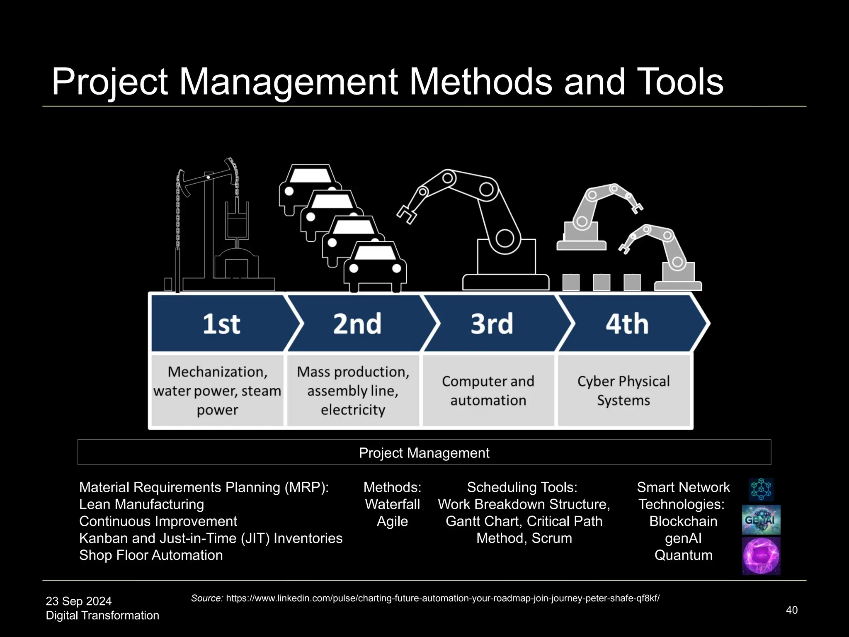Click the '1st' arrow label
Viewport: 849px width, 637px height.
point(221,324)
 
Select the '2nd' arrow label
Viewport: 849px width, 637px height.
point(357,324)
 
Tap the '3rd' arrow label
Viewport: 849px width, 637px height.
point(492,324)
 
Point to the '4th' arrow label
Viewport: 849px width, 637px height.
point(627,324)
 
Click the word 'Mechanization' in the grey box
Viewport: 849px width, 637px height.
point(217,372)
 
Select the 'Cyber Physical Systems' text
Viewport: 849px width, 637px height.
point(623,391)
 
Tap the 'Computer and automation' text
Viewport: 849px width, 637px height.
point(488,391)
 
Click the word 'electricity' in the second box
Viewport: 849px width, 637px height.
point(353,410)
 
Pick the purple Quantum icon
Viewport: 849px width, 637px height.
point(761,556)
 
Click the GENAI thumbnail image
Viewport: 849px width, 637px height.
point(761,520)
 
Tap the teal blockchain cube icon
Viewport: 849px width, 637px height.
point(761,489)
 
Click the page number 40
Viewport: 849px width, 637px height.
point(792,610)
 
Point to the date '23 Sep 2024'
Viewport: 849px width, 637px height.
point(79,601)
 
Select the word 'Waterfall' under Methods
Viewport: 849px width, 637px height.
point(392,504)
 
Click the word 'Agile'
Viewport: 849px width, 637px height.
point(392,521)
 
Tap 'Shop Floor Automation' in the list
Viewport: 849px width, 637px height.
point(151,555)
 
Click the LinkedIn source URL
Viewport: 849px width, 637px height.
point(443,598)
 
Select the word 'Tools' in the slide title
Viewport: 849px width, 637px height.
point(679,82)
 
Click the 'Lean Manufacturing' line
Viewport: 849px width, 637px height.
point(141,504)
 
